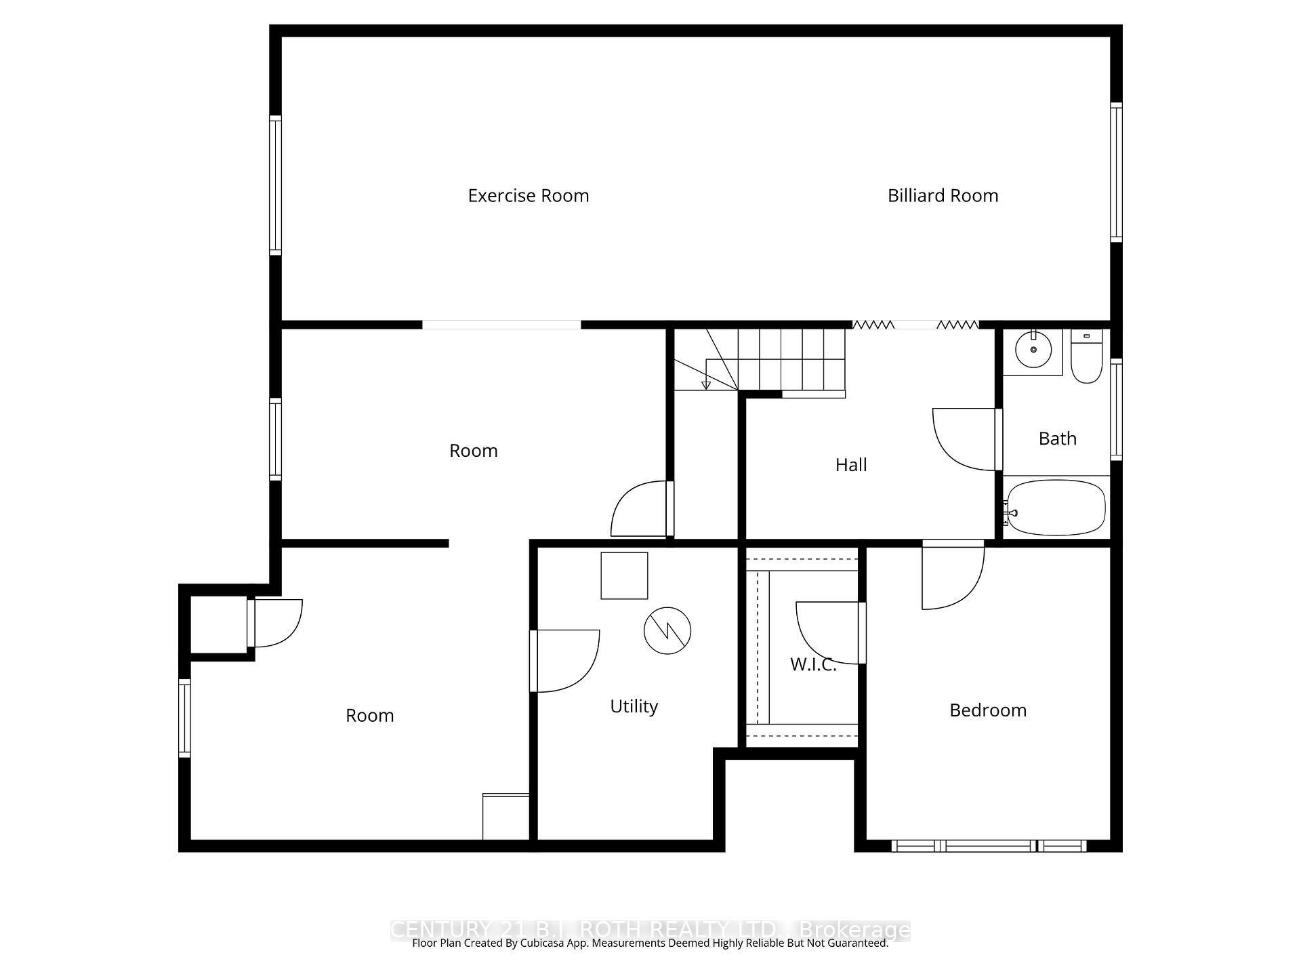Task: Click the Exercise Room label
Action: tap(528, 196)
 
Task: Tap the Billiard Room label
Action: tap(943, 196)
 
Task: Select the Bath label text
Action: tap(1057, 439)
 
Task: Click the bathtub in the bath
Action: tap(1056, 508)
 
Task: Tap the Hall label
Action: tap(850, 465)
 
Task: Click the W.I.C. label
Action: tap(812, 665)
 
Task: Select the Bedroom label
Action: tap(987, 710)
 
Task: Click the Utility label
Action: tap(634, 706)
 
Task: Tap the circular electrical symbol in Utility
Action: tap(667, 630)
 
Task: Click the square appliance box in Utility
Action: tap(624, 575)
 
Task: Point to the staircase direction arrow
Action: tap(706, 384)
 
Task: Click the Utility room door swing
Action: tap(566, 661)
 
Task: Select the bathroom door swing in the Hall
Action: tap(964, 439)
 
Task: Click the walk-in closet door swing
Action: tap(827, 632)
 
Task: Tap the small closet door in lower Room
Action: tap(276, 623)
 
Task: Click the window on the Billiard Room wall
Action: tap(1115, 172)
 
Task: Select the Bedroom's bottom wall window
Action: tap(989, 846)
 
